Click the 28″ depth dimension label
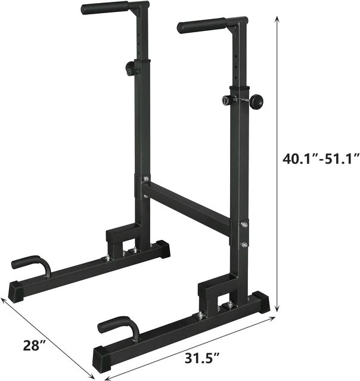coord(35,345)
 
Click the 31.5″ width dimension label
coord(203,358)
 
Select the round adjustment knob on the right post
coord(257,102)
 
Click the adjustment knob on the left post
coord(130,67)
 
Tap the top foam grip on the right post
coord(202,26)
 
